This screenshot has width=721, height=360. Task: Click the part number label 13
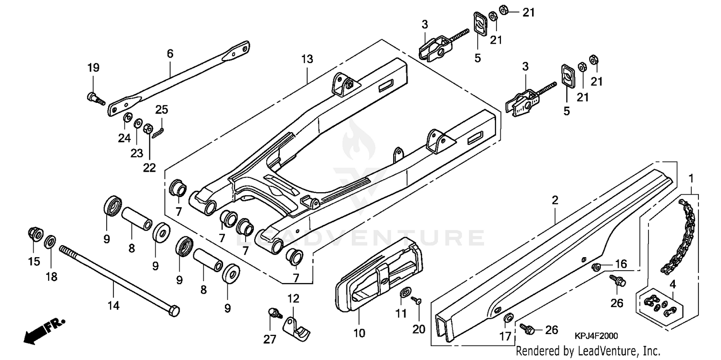pos(307,60)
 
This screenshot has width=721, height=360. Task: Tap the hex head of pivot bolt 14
pos(174,311)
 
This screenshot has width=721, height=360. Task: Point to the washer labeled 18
pos(50,242)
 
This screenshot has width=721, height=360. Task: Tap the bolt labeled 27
pos(275,313)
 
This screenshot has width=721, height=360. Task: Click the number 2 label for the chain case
pos(555,200)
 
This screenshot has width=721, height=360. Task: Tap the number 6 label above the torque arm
pos(170,54)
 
